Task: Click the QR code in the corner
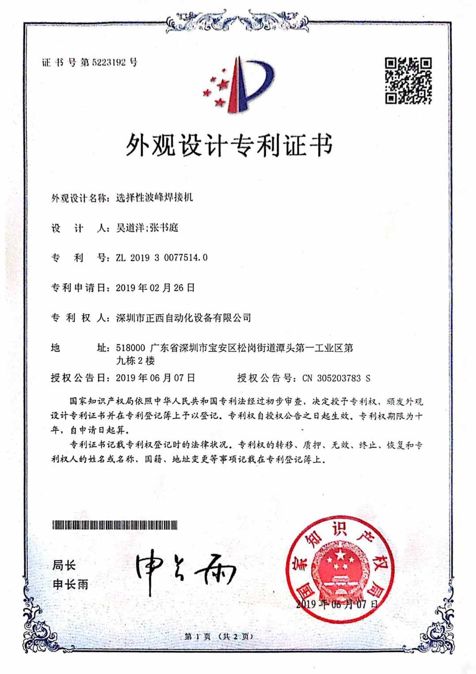pyautogui.click(x=408, y=80)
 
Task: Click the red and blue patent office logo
pyautogui.click(x=239, y=84)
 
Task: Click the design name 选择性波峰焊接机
pyautogui.click(x=154, y=198)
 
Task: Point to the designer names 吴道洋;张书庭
pyautogui.click(x=147, y=228)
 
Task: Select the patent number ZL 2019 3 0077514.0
pyautogui.click(x=162, y=258)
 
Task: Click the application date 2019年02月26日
pyautogui.click(x=155, y=288)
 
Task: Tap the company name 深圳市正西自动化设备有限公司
pyautogui.click(x=183, y=317)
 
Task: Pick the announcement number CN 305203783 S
pyautogui.click(x=336, y=378)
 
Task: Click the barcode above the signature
pyautogui.click(x=115, y=525)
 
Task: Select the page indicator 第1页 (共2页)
pyautogui.click(x=219, y=636)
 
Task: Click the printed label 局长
pyautogui.click(x=64, y=565)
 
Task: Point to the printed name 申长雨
pyautogui.click(x=71, y=585)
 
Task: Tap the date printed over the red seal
pyautogui.click(x=337, y=604)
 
